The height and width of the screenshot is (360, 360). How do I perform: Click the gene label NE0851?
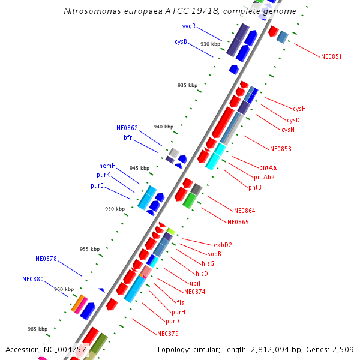331,57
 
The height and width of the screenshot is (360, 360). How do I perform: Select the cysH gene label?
299,109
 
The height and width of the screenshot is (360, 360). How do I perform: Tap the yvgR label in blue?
188,26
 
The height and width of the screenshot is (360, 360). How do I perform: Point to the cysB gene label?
181,42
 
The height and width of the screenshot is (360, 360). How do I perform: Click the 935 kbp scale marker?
187,85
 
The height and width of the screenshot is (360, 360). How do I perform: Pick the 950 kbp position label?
115,209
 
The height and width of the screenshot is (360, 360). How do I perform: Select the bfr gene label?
128,137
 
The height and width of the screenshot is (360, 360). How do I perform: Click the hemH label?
107,166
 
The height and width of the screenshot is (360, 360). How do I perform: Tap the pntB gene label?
255,187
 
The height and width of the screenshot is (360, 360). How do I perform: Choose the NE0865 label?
238,222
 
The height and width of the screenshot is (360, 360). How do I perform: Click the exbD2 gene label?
223,245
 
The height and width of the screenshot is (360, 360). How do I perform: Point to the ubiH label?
196,283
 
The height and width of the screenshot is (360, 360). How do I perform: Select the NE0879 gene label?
168,334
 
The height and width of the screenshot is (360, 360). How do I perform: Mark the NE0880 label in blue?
33,279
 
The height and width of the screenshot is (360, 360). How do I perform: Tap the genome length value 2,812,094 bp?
264,349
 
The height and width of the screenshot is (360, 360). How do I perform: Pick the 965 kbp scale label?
37,329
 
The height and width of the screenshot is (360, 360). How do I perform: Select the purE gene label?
97,186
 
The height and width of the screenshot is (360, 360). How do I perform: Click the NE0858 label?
280,149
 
